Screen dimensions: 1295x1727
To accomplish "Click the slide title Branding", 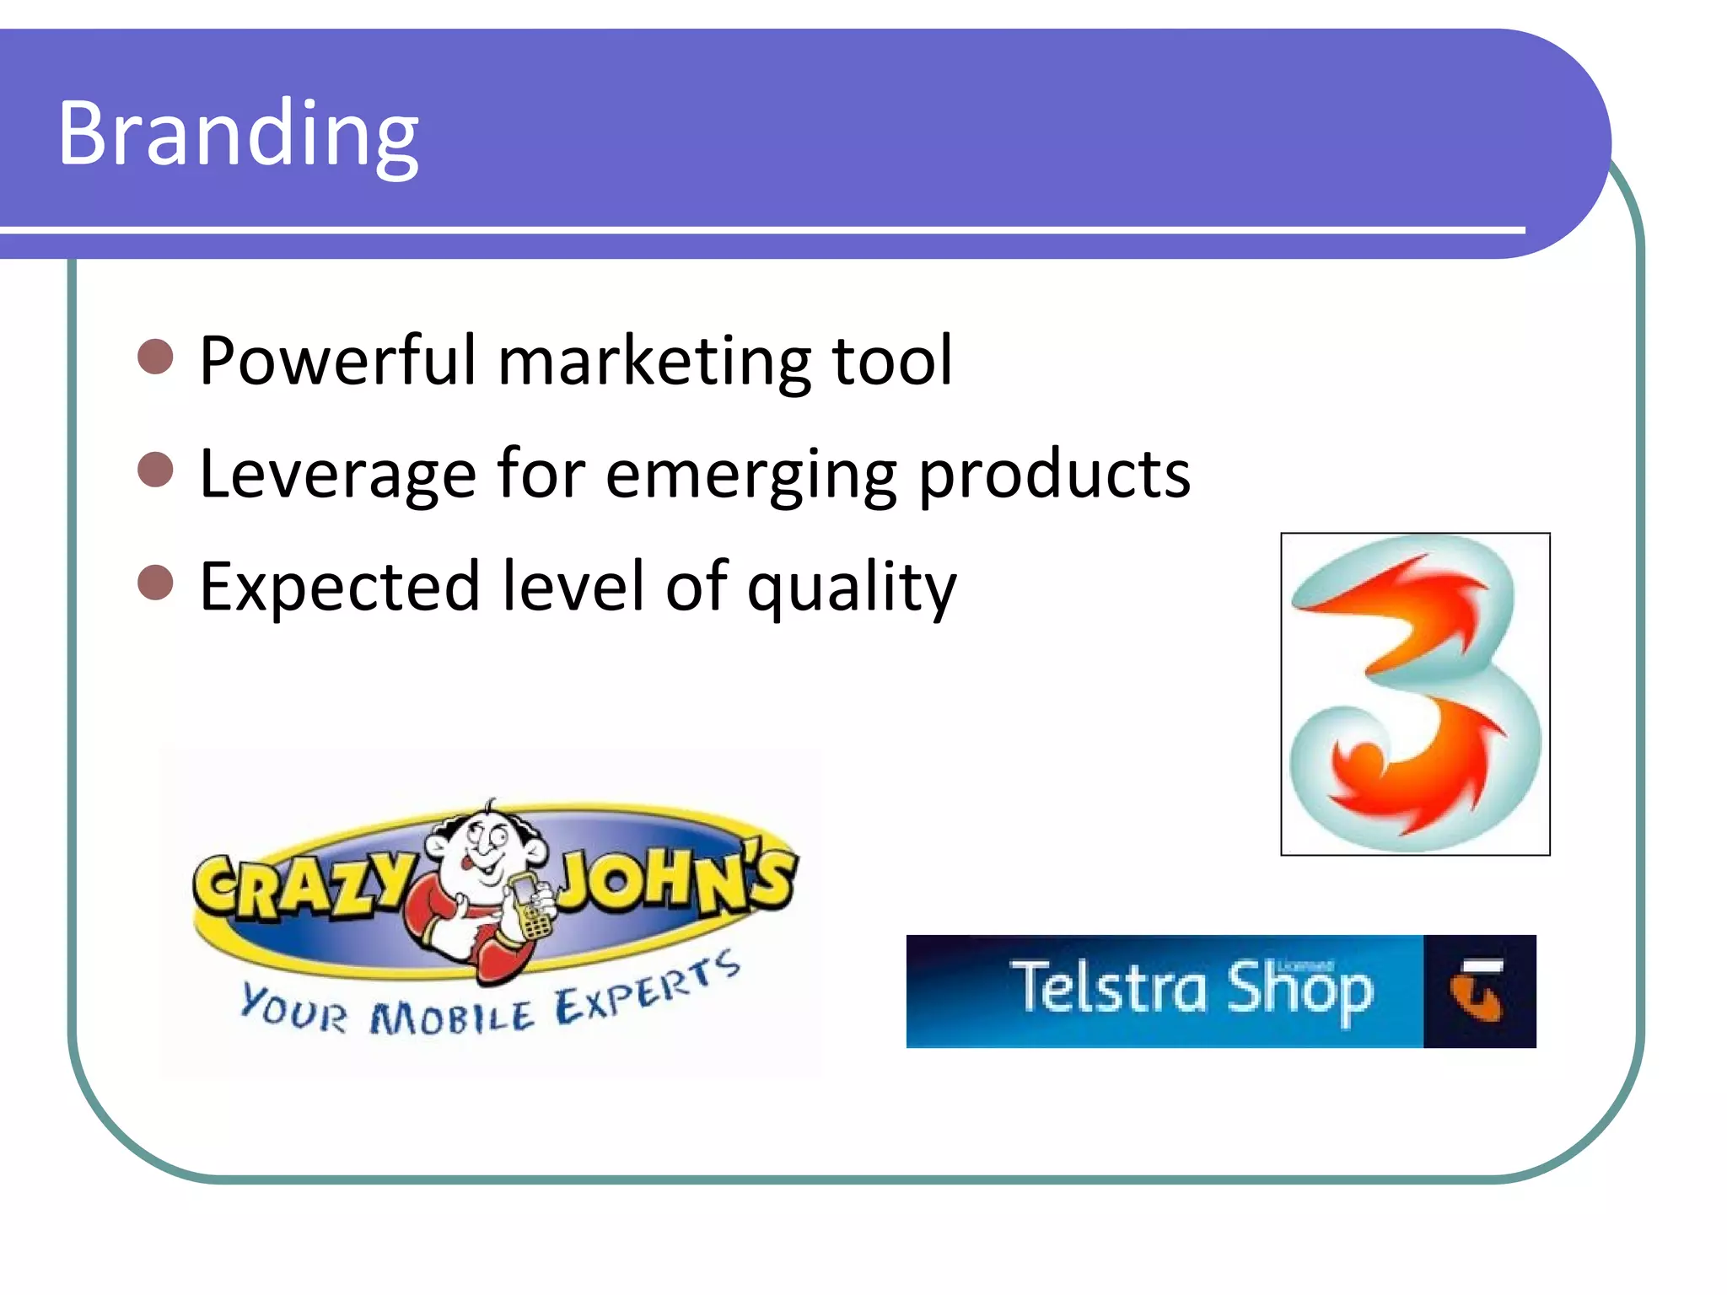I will click(238, 135).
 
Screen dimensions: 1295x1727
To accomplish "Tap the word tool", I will click(892, 361).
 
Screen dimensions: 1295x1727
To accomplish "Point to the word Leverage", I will click(337, 475).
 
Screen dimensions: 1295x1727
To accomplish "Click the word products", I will click(1054, 475).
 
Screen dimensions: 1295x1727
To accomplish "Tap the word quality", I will click(852, 588).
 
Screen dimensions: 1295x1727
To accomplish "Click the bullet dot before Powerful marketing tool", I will click(155, 357).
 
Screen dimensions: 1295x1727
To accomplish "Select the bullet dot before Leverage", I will click(155, 470).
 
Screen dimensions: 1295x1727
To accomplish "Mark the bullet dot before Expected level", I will click(155, 583).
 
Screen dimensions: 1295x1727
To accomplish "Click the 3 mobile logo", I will click(1415, 694).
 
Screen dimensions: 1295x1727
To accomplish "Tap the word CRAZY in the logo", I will click(304, 885).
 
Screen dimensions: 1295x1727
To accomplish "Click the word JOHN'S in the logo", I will click(675, 881).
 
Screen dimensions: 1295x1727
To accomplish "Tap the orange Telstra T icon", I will click(1477, 991).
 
